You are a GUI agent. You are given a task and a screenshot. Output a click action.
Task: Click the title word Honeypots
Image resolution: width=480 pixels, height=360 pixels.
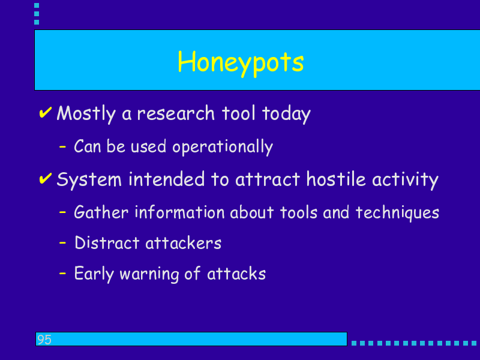[241, 63]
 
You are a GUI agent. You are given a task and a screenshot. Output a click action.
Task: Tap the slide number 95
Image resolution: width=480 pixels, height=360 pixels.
[44, 340]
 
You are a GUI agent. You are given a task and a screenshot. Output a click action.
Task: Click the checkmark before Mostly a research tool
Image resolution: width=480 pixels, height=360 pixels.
[46, 112]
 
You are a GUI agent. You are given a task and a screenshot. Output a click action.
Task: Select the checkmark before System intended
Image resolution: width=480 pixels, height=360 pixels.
[46, 178]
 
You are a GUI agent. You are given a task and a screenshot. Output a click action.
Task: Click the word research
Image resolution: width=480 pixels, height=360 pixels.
[176, 113]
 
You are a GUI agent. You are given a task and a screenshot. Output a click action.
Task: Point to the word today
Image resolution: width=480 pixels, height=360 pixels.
[286, 114]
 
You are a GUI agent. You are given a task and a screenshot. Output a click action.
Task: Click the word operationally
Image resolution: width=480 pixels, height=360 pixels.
[223, 147]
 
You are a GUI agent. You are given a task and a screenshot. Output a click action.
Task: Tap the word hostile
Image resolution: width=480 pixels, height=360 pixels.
[336, 179]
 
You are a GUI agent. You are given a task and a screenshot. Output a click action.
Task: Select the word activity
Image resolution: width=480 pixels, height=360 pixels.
[406, 180]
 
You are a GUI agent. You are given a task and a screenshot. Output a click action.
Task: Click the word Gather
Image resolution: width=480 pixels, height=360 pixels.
[101, 212]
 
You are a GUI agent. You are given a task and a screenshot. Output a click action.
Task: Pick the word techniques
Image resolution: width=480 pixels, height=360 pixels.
[397, 213]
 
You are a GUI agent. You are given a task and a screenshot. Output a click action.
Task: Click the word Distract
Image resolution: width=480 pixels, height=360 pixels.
[107, 243]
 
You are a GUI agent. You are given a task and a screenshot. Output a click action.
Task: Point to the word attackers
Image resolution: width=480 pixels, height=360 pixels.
[184, 243]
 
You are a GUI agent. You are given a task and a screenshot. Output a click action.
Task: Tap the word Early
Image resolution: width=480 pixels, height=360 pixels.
[94, 274]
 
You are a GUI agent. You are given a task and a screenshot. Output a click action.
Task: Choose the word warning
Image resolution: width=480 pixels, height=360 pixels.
[149, 274]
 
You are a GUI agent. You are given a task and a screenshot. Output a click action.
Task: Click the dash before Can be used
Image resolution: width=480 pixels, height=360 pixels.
[62, 147]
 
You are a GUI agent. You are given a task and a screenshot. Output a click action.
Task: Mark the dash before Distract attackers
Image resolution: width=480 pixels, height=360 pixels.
[62, 243]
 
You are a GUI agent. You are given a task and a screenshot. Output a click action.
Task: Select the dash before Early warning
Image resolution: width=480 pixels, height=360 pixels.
[62, 273]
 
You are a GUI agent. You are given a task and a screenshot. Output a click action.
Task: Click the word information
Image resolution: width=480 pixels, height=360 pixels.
[179, 212]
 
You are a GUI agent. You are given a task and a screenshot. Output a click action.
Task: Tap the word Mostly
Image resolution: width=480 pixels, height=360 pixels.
[86, 114]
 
